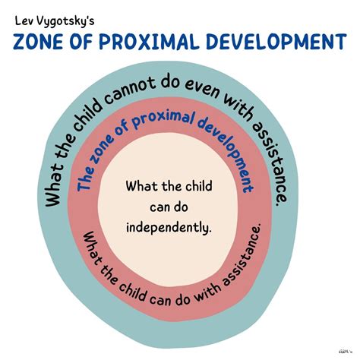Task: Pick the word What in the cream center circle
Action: pyautogui.click(x=143, y=185)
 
